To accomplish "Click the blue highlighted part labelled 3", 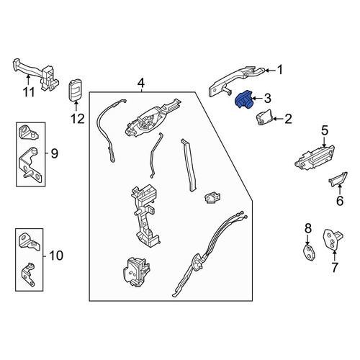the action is click(x=243, y=99).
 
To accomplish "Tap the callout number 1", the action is click(x=280, y=70).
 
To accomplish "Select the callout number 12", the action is click(x=78, y=119).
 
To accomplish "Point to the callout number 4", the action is click(x=141, y=84).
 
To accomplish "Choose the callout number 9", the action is click(x=55, y=153).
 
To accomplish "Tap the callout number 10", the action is click(x=56, y=256).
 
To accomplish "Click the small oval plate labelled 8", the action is click(x=309, y=253).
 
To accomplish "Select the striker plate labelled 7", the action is click(x=333, y=240).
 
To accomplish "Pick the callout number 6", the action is click(x=340, y=200).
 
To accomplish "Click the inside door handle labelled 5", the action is click(x=315, y=158).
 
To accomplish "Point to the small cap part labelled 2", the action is click(x=264, y=117).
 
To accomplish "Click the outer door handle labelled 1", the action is click(x=236, y=81).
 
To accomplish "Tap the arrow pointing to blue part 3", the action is click(x=257, y=98).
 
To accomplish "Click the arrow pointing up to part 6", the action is click(x=340, y=188).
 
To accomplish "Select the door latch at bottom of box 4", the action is click(x=136, y=272).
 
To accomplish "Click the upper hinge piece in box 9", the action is click(x=28, y=132).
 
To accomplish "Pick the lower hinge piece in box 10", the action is click(x=28, y=274).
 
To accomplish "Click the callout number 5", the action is click(x=325, y=131).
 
